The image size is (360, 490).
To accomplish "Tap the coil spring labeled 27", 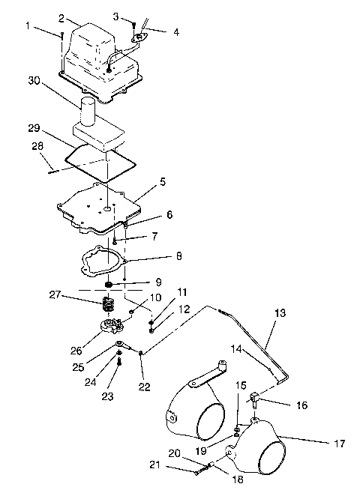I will point(109,306).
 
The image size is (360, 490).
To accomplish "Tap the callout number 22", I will point(145,387).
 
